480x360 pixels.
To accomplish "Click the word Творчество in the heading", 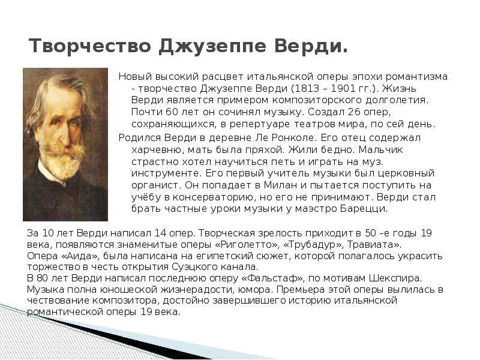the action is [90, 46].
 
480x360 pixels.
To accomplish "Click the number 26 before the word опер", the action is [354, 112].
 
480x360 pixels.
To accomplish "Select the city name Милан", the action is [280, 185].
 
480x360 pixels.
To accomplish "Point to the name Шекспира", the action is [395, 278].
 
